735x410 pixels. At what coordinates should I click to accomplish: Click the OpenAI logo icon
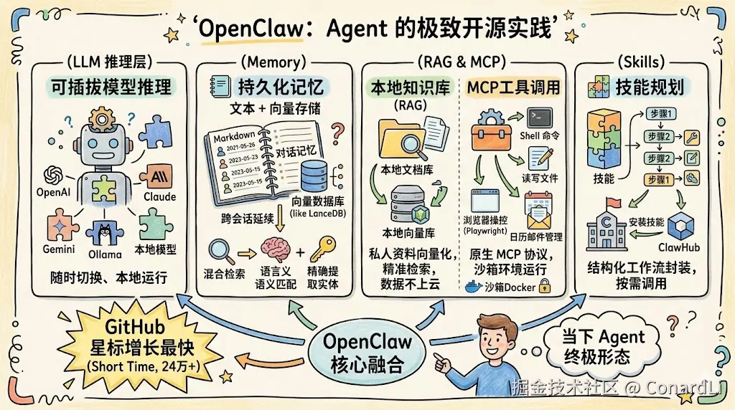coord(55,174)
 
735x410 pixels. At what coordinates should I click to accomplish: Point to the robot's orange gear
coord(103,118)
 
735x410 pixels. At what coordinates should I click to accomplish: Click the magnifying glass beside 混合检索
coord(219,251)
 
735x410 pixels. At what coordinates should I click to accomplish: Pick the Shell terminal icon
coord(539,118)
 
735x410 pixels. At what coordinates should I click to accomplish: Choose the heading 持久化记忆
coord(281,87)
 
